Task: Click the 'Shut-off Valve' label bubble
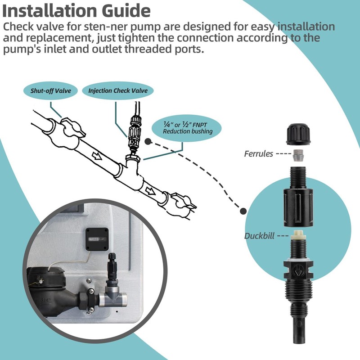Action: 50,91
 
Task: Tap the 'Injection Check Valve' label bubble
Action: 118,90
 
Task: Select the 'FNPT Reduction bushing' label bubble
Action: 186,128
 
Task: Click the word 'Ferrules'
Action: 258,153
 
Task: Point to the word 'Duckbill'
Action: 259,236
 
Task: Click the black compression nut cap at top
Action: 299,135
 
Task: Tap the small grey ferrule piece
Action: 298,155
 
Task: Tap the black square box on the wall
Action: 97,239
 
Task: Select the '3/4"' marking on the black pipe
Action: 47,300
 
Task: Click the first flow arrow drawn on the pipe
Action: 97,156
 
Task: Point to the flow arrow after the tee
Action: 150,190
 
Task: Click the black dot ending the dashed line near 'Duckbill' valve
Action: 243,211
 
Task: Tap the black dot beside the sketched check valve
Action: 148,142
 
